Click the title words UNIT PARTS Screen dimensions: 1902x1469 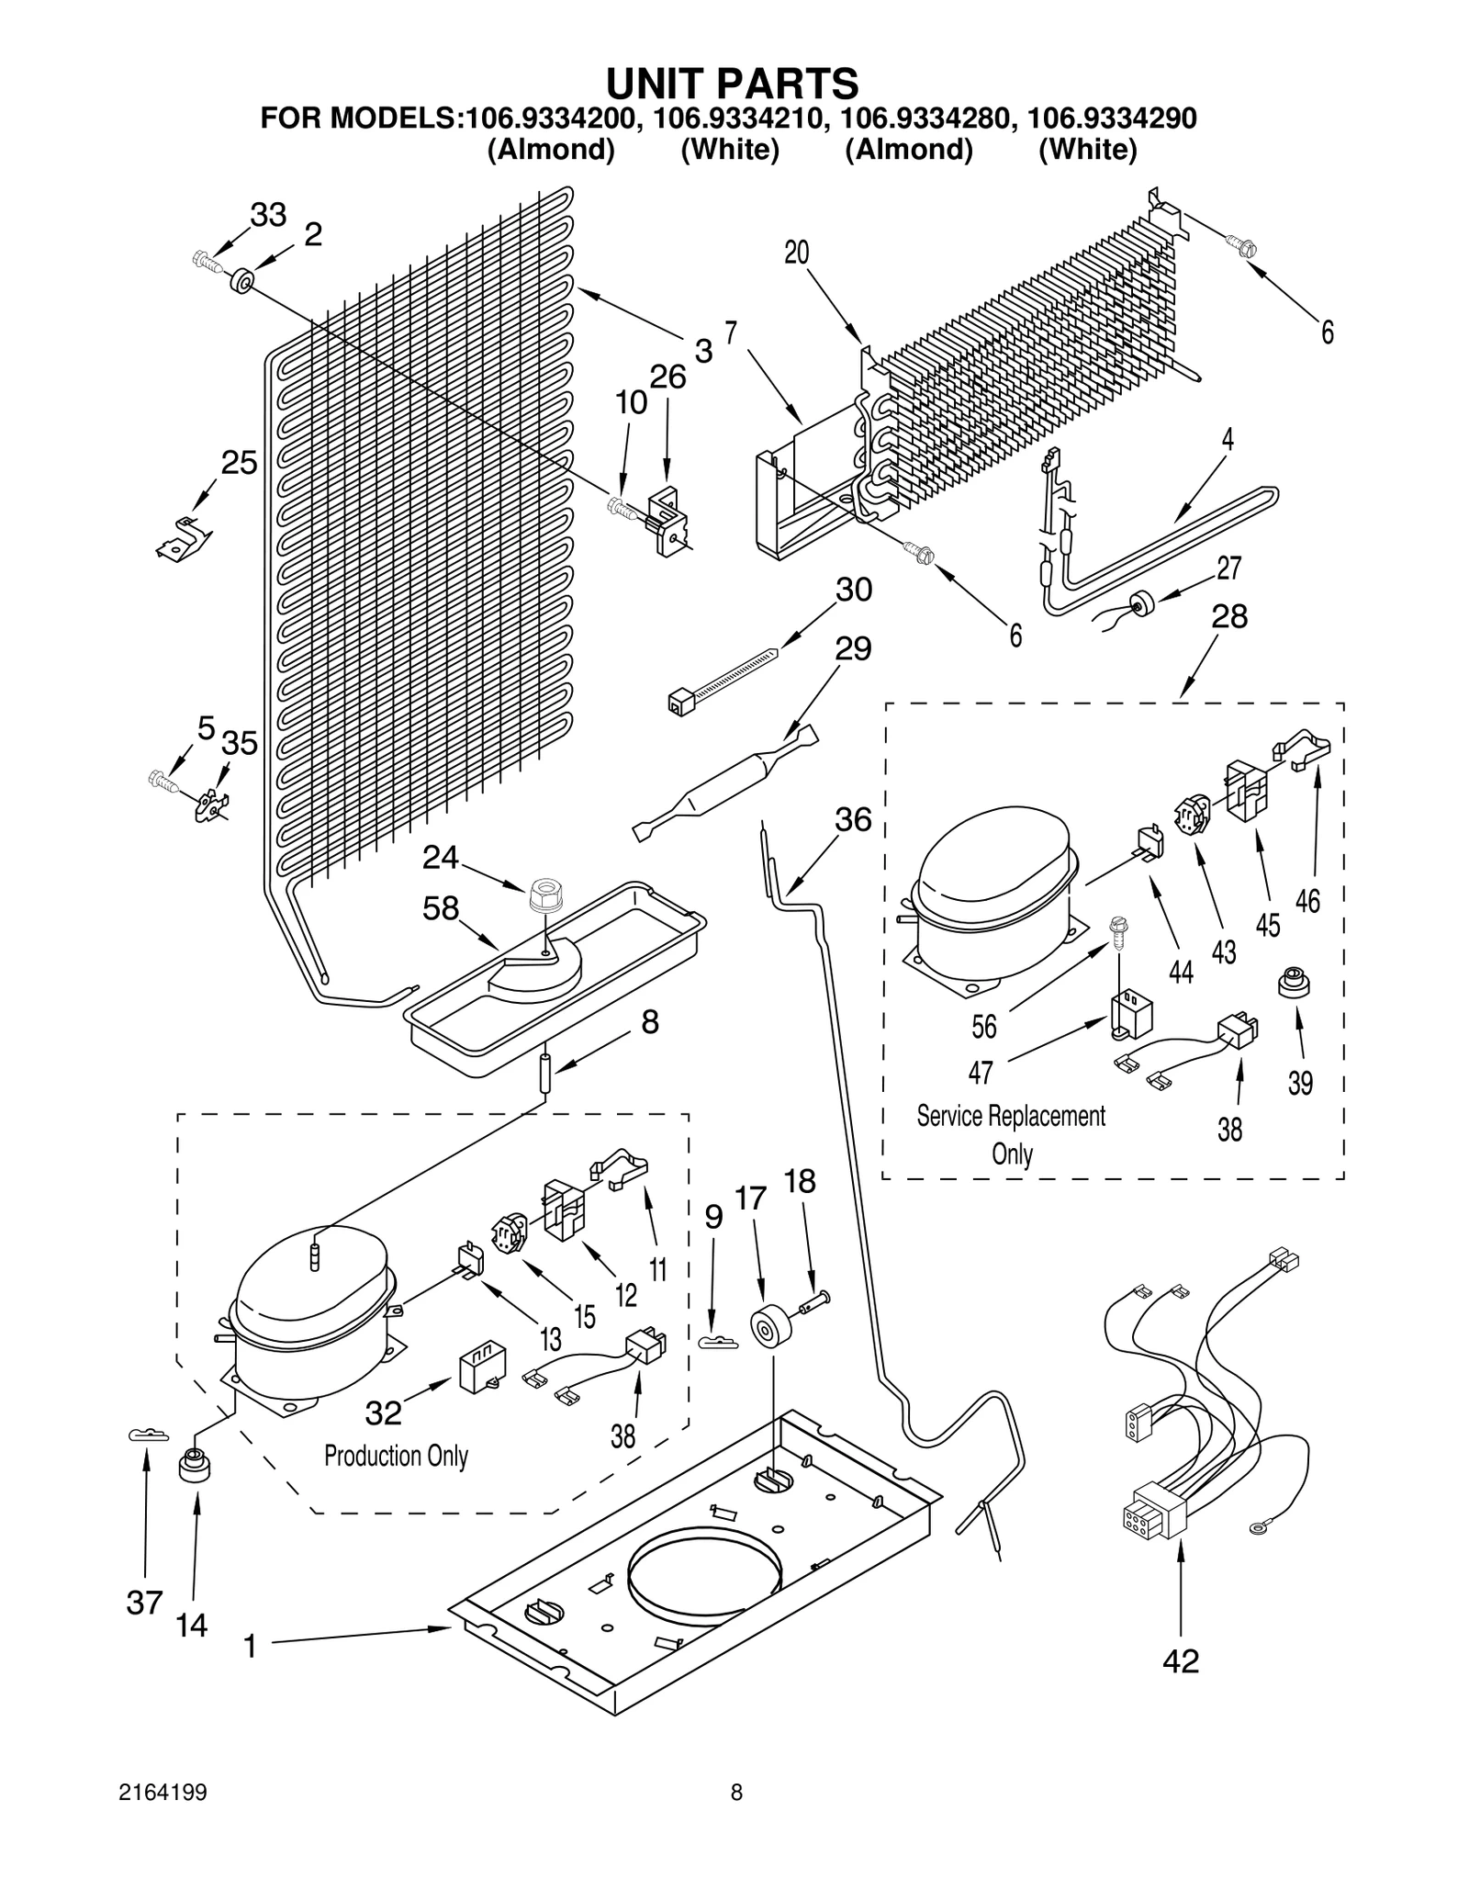tap(732, 83)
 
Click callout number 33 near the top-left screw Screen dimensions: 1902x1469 tap(268, 215)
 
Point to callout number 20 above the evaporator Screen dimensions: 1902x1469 tap(796, 252)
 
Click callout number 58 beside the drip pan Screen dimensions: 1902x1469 tap(440, 908)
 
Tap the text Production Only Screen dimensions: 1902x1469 tap(396, 1456)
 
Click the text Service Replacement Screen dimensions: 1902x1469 tap(1011, 1116)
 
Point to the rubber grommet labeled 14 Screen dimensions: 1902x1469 tap(195, 1465)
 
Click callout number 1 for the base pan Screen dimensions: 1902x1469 tap(250, 1647)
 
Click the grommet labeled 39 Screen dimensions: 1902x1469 tap(1293, 984)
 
